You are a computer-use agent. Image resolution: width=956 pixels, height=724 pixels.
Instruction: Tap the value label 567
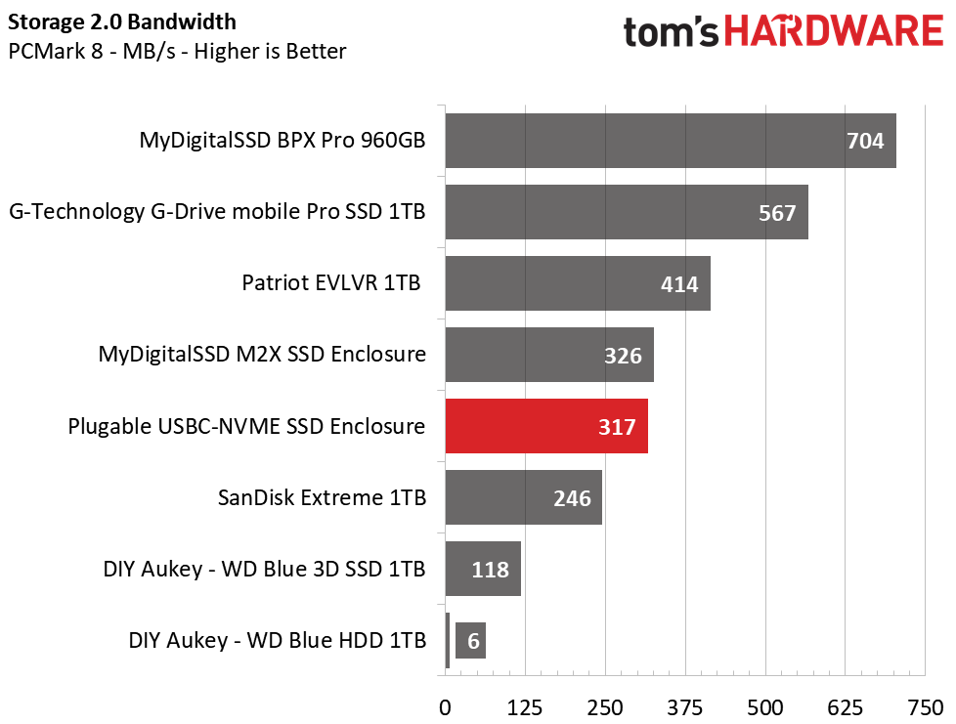point(777,212)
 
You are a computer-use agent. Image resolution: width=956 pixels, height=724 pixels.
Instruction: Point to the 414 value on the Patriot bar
point(679,284)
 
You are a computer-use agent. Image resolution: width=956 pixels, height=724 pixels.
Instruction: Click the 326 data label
point(623,356)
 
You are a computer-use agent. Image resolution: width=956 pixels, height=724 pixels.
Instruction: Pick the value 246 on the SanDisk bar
point(572,498)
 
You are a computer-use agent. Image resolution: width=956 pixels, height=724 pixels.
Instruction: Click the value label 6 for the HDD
point(472,641)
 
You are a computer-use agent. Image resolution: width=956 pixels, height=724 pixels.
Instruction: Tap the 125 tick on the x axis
point(525,706)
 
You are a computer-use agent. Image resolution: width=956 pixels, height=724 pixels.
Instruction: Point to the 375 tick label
point(685,706)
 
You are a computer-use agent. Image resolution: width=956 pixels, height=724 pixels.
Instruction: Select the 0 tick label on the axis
point(446,706)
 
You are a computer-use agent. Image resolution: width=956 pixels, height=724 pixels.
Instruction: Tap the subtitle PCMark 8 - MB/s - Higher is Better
point(176,51)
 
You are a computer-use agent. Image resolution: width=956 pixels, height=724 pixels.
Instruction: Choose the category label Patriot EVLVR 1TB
point(331,283)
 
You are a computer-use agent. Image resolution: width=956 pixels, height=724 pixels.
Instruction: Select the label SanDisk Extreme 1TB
point(322,497)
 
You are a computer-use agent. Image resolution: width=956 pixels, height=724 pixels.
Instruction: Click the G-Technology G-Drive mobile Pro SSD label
point(217,211)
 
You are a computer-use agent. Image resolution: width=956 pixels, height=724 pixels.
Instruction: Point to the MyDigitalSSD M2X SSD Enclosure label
point(262,354)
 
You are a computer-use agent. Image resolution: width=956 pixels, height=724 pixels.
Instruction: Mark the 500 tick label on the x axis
point(765,706)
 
